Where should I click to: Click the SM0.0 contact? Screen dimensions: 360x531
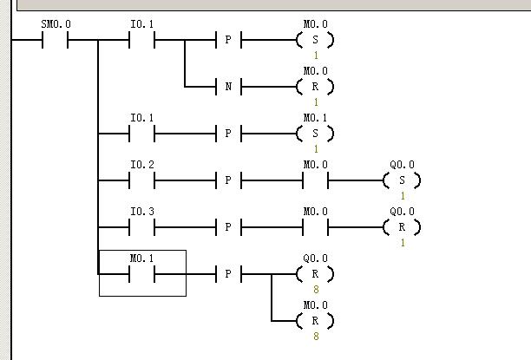(x=55, y=40)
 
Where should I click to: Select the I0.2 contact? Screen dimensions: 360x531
(x=141, y=180)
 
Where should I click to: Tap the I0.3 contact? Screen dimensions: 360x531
(x=141, y=227)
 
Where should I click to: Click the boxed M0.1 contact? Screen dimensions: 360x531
(x=141, y=274)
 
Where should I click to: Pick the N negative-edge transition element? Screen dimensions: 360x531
(x=228, y=87)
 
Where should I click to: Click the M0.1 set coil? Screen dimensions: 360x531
(x=315, y=134)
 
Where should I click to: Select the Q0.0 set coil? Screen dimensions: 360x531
(x=402, y=180)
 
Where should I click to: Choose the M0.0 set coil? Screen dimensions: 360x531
(x=315, y=40)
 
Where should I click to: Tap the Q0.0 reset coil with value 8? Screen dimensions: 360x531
(x=315, y=274)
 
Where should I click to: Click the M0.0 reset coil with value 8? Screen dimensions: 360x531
(x=315, y=321)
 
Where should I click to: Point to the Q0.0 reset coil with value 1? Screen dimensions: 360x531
(x=402, y=227)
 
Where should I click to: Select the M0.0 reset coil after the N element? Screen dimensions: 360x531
(x=315, y=87)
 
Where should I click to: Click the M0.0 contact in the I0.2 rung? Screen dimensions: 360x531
(x=315, y=180)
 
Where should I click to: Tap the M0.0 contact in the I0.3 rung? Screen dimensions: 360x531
(x=315, y=227)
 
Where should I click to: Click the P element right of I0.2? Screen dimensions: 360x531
(x=228, y=180)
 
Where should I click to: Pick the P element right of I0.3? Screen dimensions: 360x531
(x=228, y=227)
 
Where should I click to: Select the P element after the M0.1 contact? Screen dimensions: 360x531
(x=228, y=274)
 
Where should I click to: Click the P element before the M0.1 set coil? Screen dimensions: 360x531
(x=228, y=134)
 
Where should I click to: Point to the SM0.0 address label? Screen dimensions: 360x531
(x=55, y=24)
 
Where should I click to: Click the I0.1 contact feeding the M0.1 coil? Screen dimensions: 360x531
(x=141, y=134)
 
